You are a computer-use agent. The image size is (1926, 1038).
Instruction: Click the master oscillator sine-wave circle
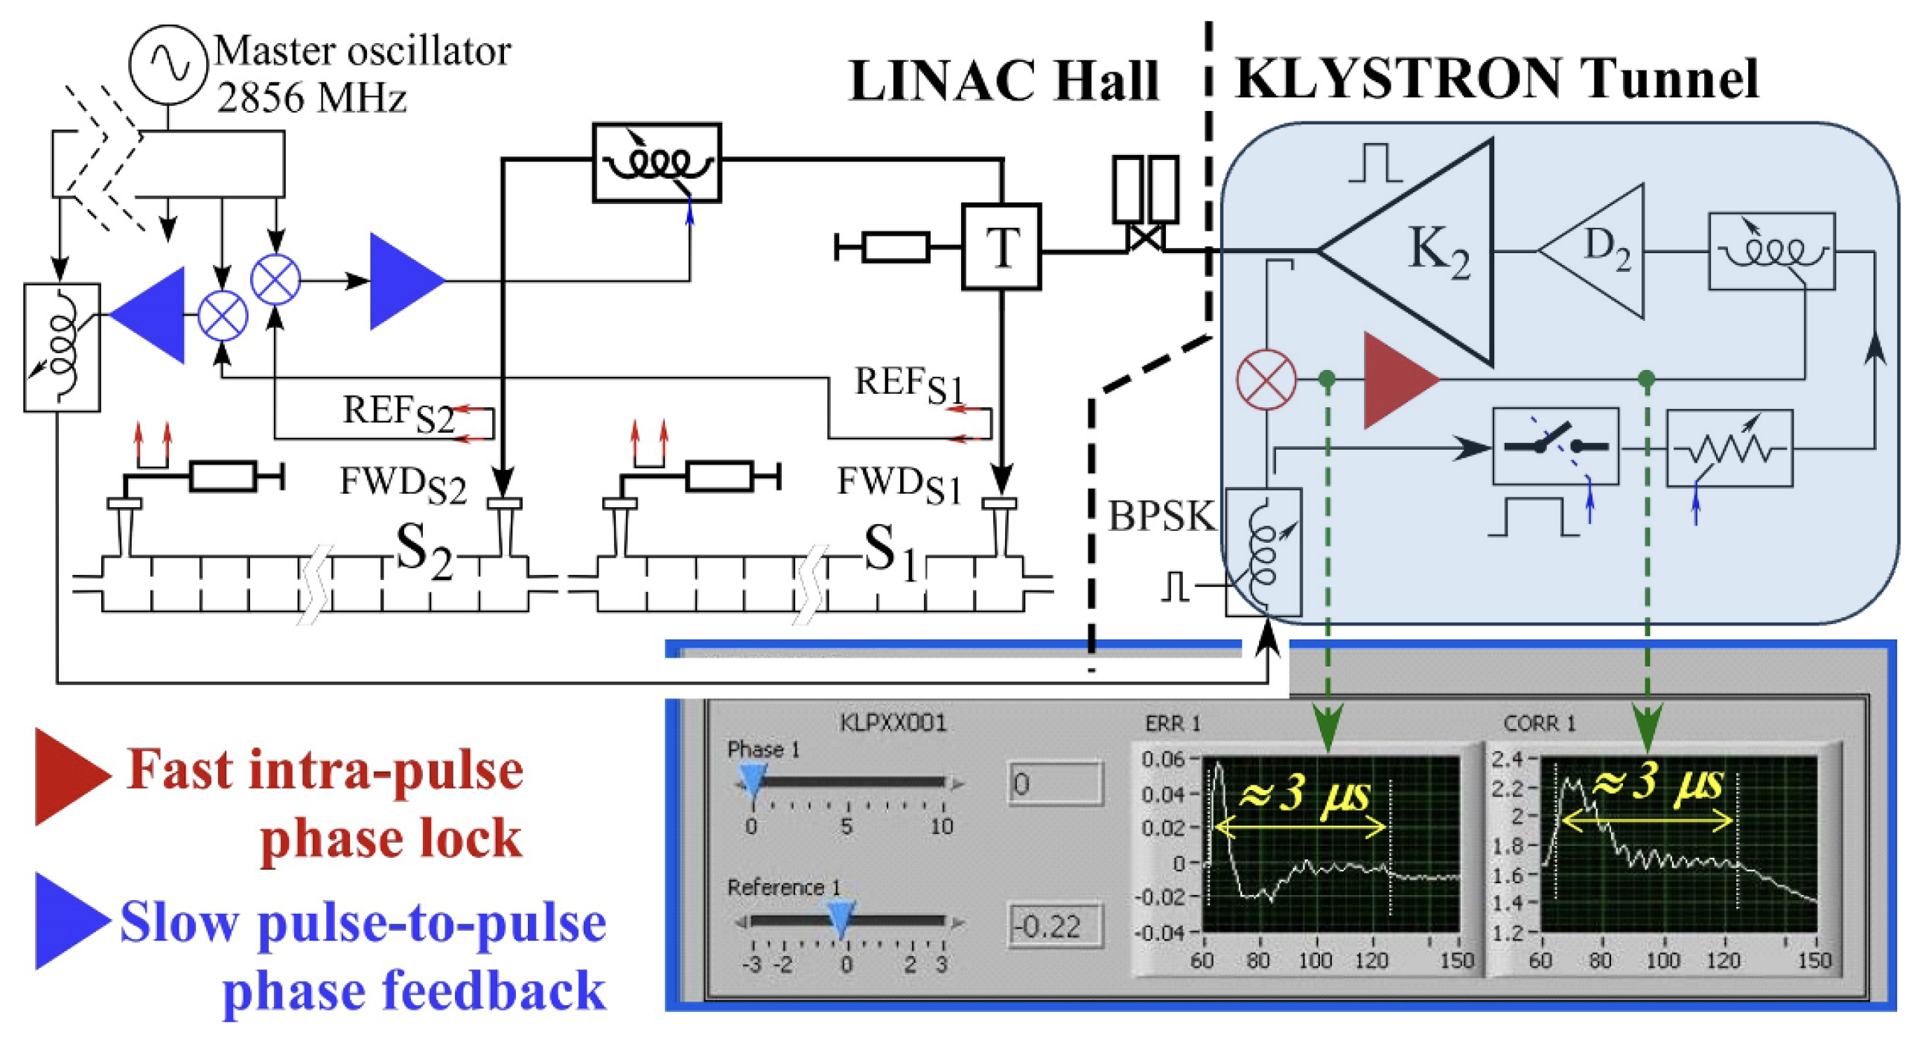tap(168, 64)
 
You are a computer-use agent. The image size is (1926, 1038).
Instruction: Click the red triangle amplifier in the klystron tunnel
tap(1394, 380)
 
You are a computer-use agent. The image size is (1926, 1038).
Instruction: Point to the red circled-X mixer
tap(1266, 380)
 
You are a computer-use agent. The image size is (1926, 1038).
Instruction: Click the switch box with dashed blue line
tap(1555, 447)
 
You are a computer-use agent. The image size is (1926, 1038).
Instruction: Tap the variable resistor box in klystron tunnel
tap(1729, 448)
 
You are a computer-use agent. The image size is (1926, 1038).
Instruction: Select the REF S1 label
tap(908, 384)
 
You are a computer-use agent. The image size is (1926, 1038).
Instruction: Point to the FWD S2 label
tap(402, 484)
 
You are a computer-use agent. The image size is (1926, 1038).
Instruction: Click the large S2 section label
tap(422, 550)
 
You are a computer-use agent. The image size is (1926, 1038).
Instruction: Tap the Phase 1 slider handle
tap(753, 783)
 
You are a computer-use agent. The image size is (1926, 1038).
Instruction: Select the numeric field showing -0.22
tap(1055, 926)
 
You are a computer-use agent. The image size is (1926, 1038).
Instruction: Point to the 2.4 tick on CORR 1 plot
tap(1508, 759)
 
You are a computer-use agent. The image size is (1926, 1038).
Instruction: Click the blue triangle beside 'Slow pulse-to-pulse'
tap(71, 921)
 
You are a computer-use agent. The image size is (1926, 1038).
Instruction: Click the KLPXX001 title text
tap(893, 722)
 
